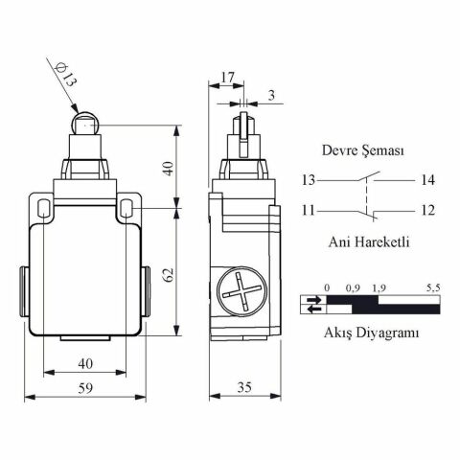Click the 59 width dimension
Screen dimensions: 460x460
coord(84,389)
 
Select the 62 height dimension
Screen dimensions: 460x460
coord(169,273)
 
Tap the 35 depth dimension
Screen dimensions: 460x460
coord(243,389)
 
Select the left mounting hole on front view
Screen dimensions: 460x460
coord(42,205)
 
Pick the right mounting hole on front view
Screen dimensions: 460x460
coord(128,205)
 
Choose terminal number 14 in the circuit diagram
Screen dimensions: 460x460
coord(427,180)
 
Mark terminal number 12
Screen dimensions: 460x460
coord(427,211)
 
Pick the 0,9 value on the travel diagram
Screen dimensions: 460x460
coord(353,287)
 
